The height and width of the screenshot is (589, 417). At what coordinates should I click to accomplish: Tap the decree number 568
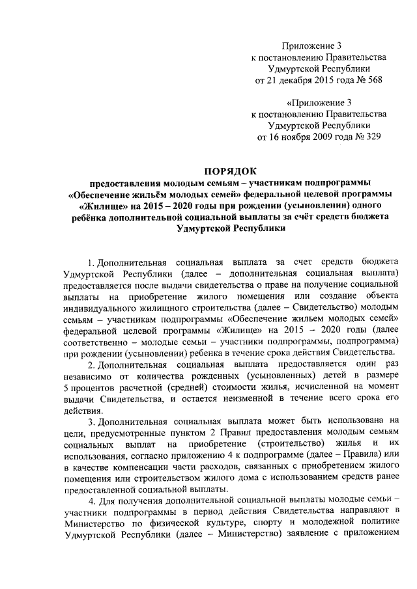[372, 81]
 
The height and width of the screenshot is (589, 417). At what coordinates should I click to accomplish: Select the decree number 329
[372, 137]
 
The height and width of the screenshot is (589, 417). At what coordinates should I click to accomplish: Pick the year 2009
[328, 137]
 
